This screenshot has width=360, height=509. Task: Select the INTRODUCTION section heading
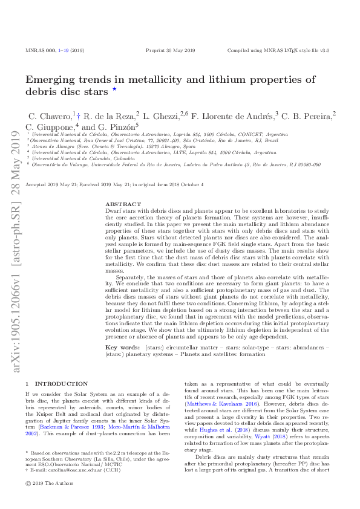pos(61,383)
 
